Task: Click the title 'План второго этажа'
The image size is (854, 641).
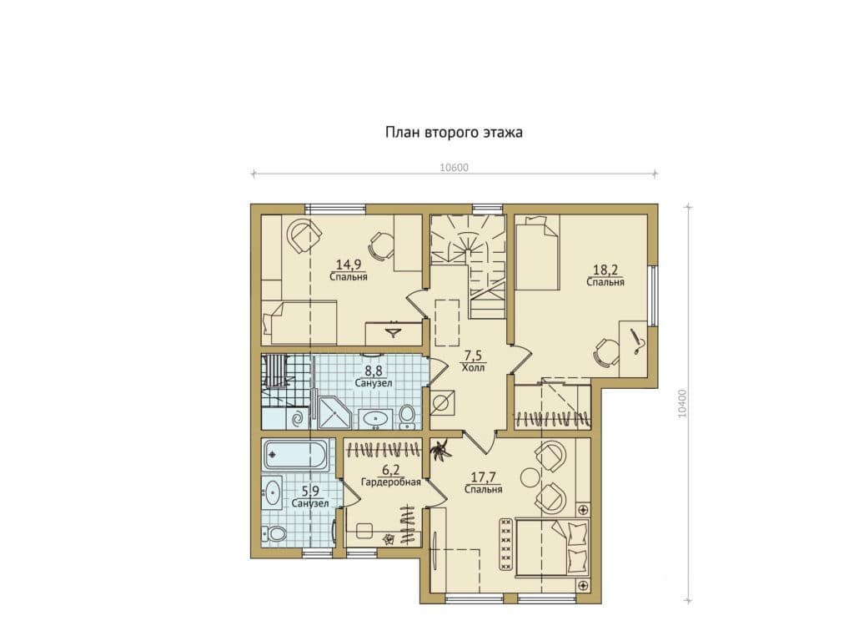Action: [x=454, y=133]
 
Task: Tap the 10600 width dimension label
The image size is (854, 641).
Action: [x=454, y=168]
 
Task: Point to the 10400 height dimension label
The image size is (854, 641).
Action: [x=683, y=403]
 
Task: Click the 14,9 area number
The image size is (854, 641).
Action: [x=349, y=265]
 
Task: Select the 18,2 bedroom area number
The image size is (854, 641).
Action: [x=605, y=270]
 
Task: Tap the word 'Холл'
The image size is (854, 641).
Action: [x=473, y=367]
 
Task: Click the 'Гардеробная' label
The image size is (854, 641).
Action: [x=391, y=482]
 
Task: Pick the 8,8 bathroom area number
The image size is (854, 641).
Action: [x=374, y=371]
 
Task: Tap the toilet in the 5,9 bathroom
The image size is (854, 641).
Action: [x=274, y=533]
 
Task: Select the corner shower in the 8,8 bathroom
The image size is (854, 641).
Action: [x=334, y=412]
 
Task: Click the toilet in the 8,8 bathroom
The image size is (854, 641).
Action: [x=407, y=414]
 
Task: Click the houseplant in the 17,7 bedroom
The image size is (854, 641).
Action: [x=440, y=450]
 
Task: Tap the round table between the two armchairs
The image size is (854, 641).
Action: [x=530, y=477]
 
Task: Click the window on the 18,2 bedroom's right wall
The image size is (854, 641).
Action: [x=653, y=295]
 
